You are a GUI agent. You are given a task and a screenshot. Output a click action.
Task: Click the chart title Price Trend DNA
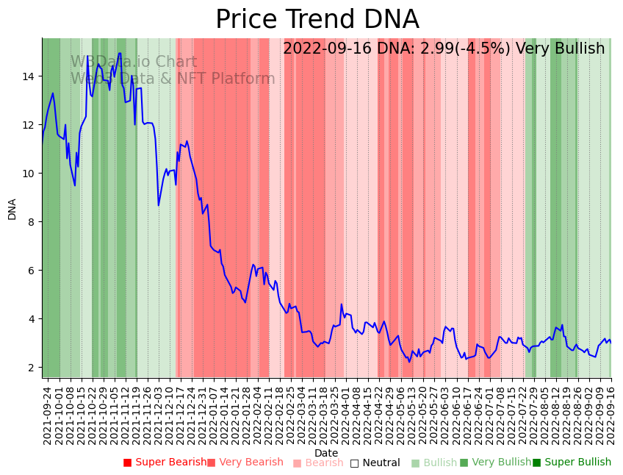[317, 20]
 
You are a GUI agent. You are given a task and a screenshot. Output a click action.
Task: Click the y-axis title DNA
[12, 209]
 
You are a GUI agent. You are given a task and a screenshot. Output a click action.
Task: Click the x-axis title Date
[326, 453]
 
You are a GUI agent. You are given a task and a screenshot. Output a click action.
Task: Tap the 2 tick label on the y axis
[31, 368]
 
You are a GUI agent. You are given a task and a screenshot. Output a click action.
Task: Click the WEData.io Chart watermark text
[134, 63]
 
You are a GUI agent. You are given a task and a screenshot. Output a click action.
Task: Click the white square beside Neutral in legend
[354, 463]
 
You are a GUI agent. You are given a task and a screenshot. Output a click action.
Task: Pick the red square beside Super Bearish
[127, 463]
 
